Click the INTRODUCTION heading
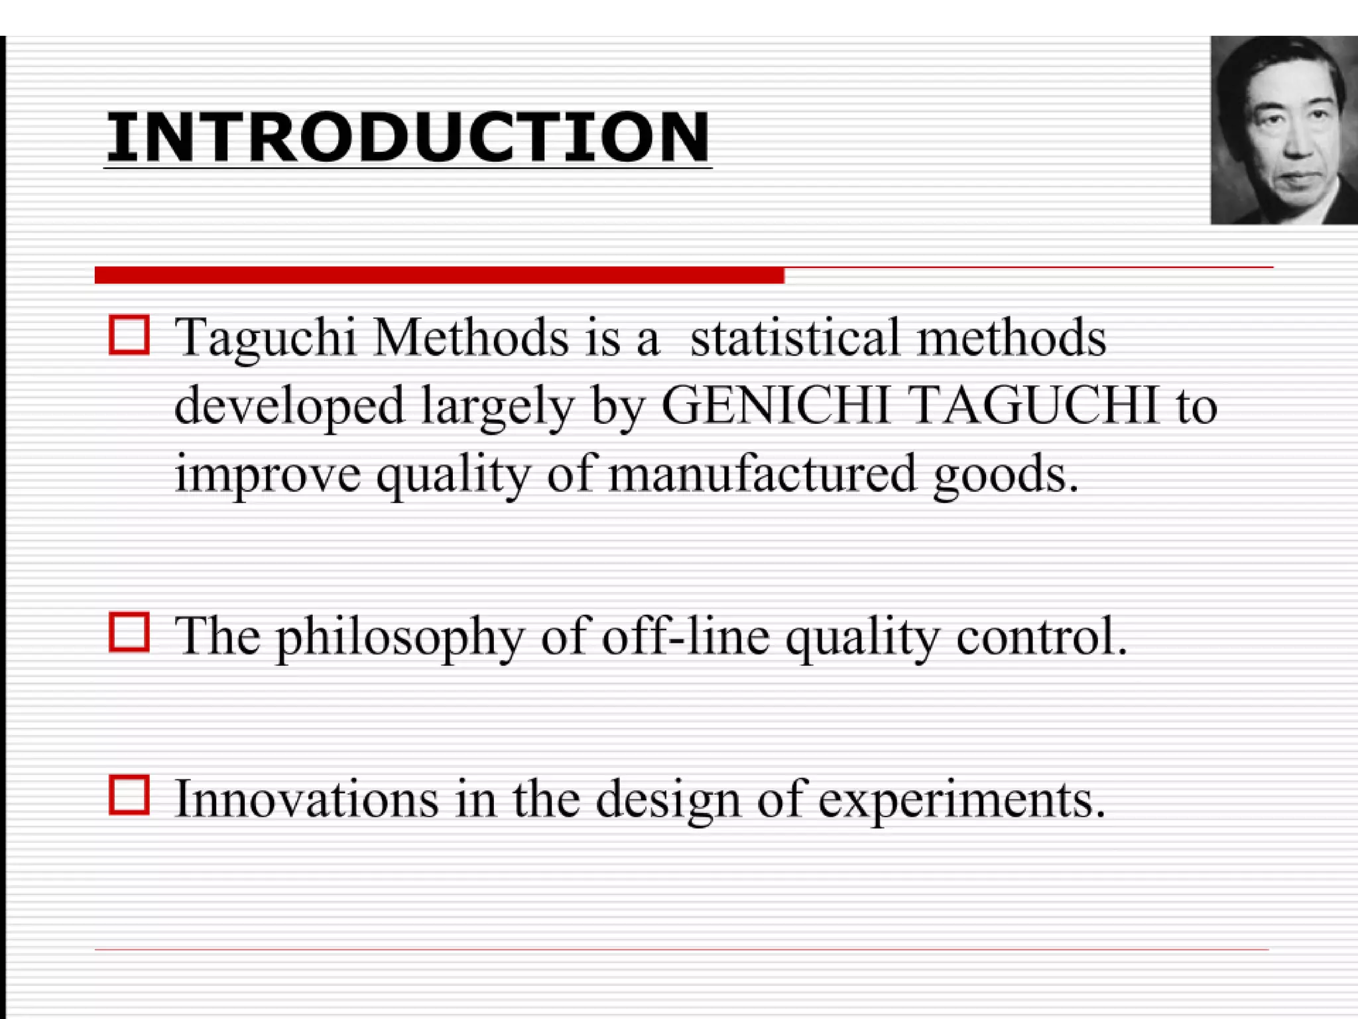tap(407, 137)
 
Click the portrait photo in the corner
tap(1284, 130)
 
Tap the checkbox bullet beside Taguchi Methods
tap(129, 335)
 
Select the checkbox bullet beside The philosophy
tap(129, 632)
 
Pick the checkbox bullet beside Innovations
tap(129, 794)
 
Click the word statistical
tap(794, 337)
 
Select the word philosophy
tap(400, 637)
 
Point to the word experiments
tap(961, 800)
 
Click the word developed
tap(289, 406)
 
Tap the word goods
tap(1005, 475)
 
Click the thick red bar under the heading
tap(439, 275)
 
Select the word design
tap(668, 800)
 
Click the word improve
tap(267, 475)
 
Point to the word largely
tap(497, 406)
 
